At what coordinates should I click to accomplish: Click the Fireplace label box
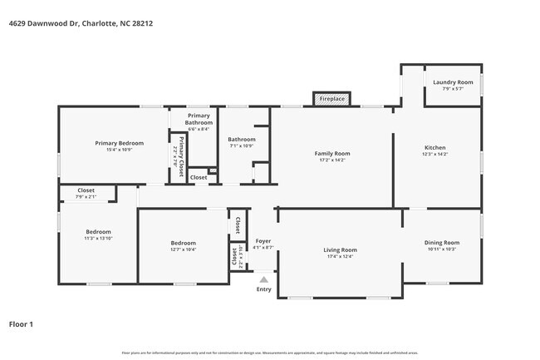coord(332,99)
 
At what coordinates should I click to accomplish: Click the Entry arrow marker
coord(263,280)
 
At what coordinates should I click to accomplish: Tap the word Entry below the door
coord(263,289)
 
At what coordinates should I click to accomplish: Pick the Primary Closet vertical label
coord(180,156)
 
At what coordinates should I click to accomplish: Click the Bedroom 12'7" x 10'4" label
coord(183,245)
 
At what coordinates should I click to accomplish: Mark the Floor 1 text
coord(22,324)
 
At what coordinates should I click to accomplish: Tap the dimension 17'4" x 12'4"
coord(340,256)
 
